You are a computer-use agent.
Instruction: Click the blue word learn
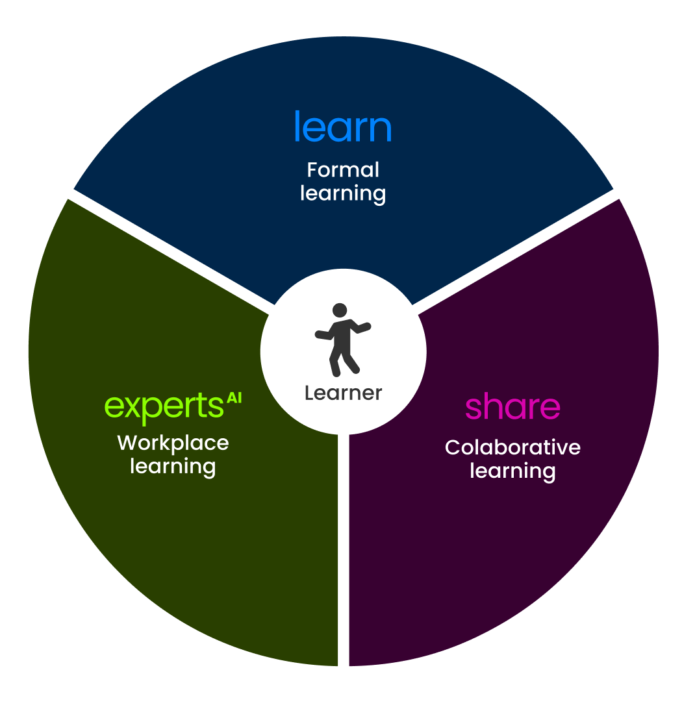pos(343,127)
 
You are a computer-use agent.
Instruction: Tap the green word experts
pos(164,406)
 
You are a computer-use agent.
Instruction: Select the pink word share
pos(512,407)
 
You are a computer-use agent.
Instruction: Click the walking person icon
pos(342,339)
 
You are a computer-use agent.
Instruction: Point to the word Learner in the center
pos(343,393)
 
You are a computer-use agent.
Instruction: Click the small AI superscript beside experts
pos(234,397)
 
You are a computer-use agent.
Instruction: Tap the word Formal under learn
pos(343,170)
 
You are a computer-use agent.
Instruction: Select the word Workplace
pos(173,443)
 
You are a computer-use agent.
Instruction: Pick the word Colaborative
pos(512,447)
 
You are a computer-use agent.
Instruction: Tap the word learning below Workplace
pos(173,466)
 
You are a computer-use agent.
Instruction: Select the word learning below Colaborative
pos(512,471)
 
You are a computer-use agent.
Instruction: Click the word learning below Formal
pos(343,193)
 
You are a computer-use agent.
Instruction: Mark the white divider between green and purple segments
pos(344,552)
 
